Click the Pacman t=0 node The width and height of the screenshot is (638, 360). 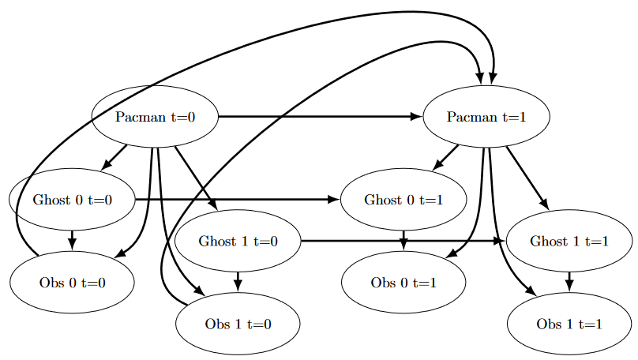[155, 117]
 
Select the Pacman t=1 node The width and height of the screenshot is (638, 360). [486, 117]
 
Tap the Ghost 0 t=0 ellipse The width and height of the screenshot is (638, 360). [72, 199]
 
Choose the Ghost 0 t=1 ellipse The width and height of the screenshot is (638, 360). [403, 199]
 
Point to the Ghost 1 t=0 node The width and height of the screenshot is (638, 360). [238, 241]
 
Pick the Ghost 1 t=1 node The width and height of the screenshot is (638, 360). [569, 241]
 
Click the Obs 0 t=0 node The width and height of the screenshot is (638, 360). [72, 282]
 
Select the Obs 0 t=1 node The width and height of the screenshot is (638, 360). [403, 282]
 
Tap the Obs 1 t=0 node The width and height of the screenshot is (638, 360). [238, 324]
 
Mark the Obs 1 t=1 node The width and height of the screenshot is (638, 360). [569, 324]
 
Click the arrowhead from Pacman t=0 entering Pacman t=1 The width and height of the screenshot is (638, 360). [416, 117]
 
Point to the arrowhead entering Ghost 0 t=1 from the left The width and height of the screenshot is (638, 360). [333, 199]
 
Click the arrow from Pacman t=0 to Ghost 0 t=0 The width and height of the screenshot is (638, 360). [114, 157]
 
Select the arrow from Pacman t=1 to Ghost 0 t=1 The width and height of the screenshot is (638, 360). [445, 157]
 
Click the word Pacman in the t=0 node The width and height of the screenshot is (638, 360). [141, 117]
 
